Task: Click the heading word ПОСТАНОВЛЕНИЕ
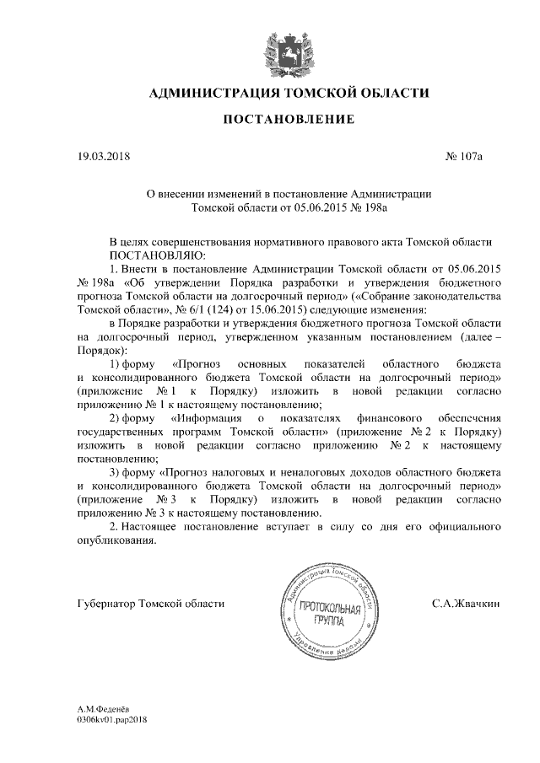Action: click(288, 121)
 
